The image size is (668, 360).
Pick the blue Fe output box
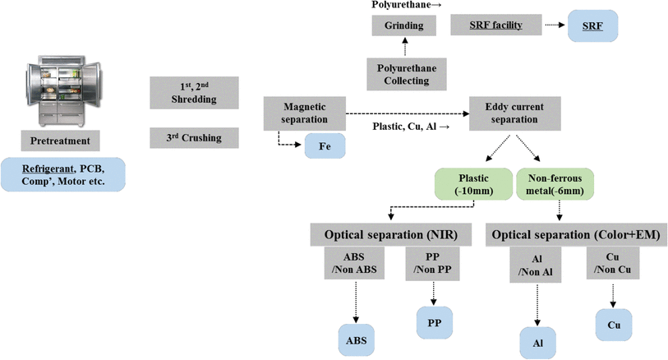tap(323, 147)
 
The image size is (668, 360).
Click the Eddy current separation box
tap(514, 113)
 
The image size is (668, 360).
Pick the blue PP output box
tap(435, 322)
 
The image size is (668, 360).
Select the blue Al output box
tap(538, 339)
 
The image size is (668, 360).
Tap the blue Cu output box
tap(614, 325)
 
